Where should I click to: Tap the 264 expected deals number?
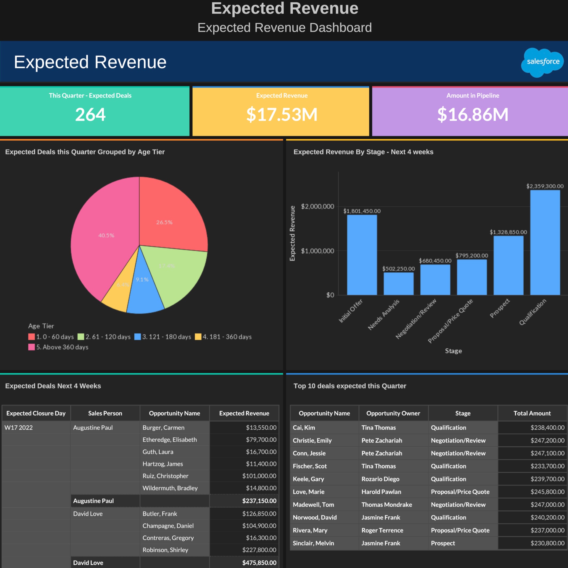pyautogui.click(x=90, y=114)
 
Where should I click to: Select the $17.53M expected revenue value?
pyautogui.click(x=282, y=114)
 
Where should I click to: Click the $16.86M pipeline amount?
pyautogui.click(x=472, y=114)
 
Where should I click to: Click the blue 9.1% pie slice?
pyautogui.click(x=144, y=291)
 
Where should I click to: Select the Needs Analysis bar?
pyautogui.click(x=398, y=284)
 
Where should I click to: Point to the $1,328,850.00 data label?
pyautogui.click(x=508, y=232)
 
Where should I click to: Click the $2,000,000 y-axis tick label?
pyautogui.click(x=317, y=206)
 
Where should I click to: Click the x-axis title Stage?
pyautogui.click(x=453, y=351)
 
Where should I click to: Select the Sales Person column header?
pyautogui.click(x=105, y=413)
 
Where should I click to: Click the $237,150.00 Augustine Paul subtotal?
pyautogui.click(x=259, y=501)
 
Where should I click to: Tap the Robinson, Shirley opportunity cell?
pyautogui.click(x=165, y=550)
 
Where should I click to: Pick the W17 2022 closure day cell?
pyautogui.click(x=19, y=428)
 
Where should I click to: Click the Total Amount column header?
pyautogui.click(x=532, y=413)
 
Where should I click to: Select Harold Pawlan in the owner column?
pyautogui.click(x=381, y=492)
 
